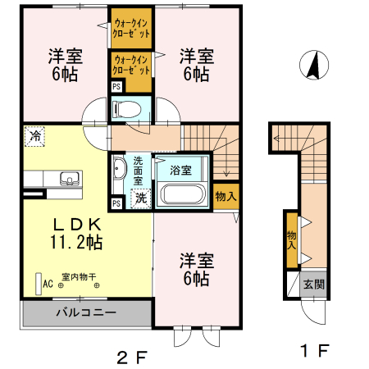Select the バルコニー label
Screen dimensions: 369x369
pyautogui.click(x=86, y=312)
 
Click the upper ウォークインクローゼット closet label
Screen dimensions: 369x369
pyautogui.click(x=131, y=30)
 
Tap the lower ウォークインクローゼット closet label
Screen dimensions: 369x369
pyautogui.click(x=131, y=65)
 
